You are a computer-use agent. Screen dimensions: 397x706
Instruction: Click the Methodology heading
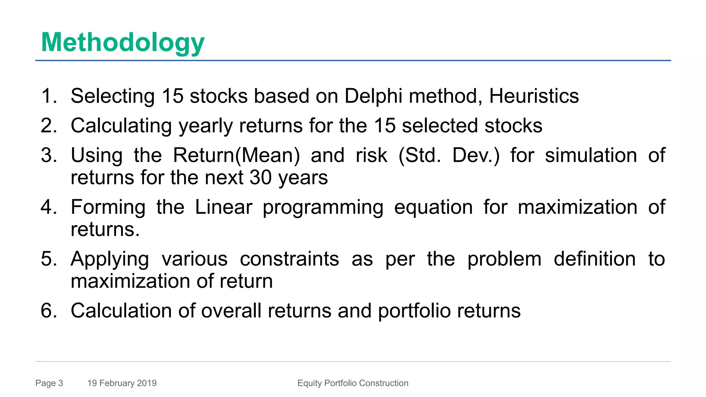pyautogui.click(x=123, y=42)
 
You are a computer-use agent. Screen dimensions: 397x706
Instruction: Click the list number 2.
pyautogui.click(x=49, y=125)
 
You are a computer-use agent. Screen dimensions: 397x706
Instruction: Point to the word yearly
pyautogui.click(x=206, y=126)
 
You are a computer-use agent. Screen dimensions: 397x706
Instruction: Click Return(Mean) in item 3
pyautogui.click(x=236, y=155)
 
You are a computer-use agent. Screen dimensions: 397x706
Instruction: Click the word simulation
pyautogui.click(x=591, y=155)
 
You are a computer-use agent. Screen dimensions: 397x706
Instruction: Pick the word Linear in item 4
pyautogui.click(x=223, y=207)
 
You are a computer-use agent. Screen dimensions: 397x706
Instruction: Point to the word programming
pyautogui.click(x=323, y=208)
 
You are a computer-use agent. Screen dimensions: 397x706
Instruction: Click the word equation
pyautogui.click(x=433, y=208)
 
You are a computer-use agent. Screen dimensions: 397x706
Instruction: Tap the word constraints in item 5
pyautogui.click(x=289, y=259)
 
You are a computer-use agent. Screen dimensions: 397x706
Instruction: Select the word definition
pyautogui.click(x=595, y=259)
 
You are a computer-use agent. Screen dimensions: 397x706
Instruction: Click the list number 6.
pyautogui.click(x=49, y=311)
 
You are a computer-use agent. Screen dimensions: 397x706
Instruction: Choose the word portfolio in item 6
pyautogui.click(x=414, y=311)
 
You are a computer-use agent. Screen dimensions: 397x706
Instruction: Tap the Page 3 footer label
pyautogui.click(x=49, y=383)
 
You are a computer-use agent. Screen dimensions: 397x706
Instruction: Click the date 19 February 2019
pyautogui.click(x=122, y=383)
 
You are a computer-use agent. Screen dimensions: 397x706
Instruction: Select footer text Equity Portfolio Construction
pyautogui.click(x=353, y=383)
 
